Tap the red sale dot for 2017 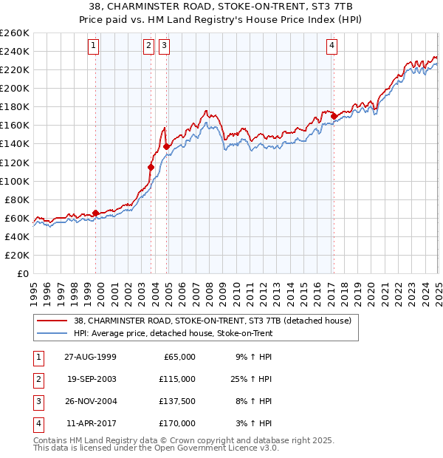click(x=334, y=116)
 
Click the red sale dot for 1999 click(x=95, y=213)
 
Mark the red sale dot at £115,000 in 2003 click(x=151, y=167)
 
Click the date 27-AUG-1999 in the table click(x=91, y=357)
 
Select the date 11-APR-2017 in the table click(x=91, y=423)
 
